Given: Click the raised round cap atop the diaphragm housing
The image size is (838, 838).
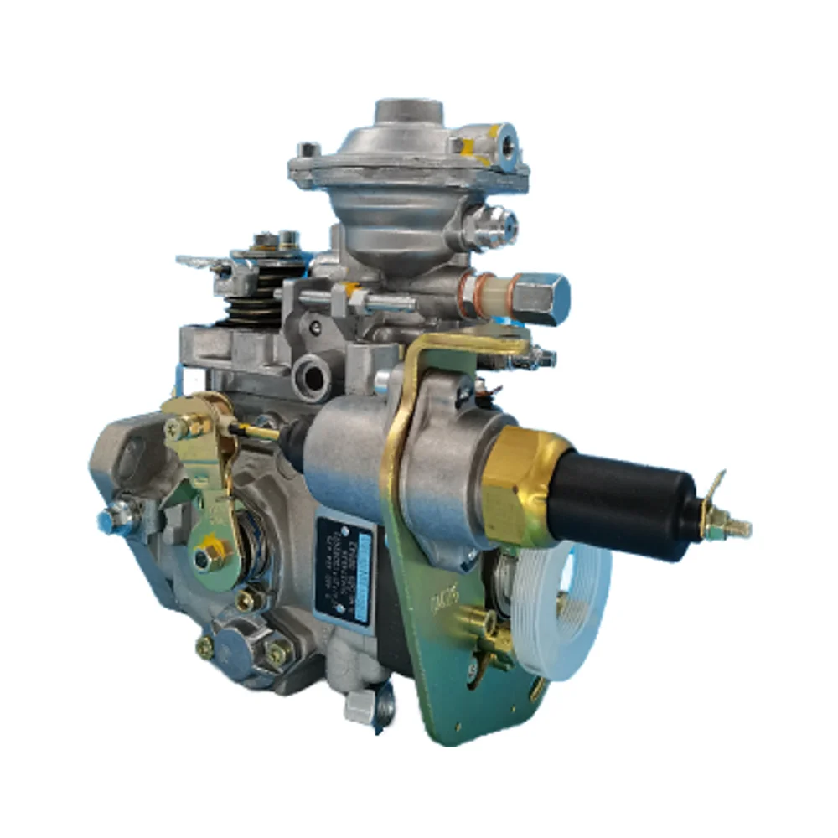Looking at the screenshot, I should [x=408, y=113].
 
